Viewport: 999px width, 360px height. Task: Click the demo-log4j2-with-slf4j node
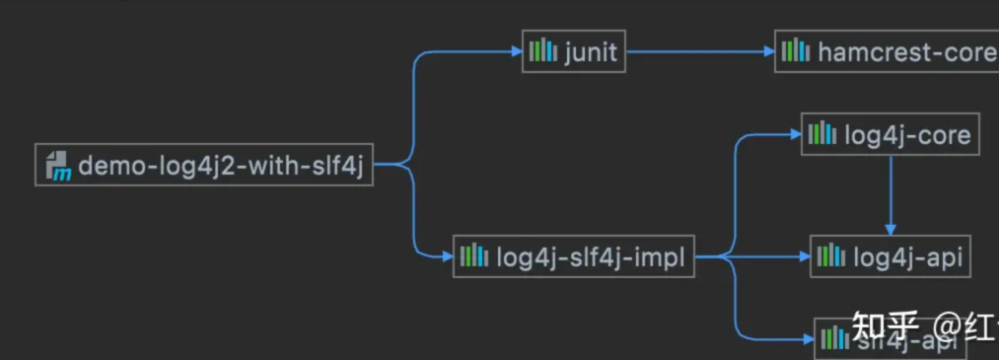pos(204,166)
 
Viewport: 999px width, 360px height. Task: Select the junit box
pos(574,52)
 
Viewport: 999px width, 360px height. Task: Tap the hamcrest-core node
pos(887,52)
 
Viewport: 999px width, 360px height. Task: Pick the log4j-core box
pos(890,135)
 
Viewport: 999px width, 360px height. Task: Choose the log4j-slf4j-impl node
pos(574,258)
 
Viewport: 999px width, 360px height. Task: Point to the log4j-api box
pos(886,258)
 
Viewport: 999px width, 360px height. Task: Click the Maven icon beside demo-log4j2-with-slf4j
pos(58,166)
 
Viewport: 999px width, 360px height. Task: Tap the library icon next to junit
pos(543,51)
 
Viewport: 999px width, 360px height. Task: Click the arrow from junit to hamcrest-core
pos(700,52)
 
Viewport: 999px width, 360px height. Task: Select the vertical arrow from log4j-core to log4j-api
pos(892,192)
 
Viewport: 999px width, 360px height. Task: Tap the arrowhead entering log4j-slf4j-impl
pos(446,258)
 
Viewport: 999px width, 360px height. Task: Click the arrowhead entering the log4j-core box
pos(794,135)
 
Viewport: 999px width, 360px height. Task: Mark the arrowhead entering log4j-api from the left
pos(803,258)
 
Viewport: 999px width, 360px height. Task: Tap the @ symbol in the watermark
pos(950,326)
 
